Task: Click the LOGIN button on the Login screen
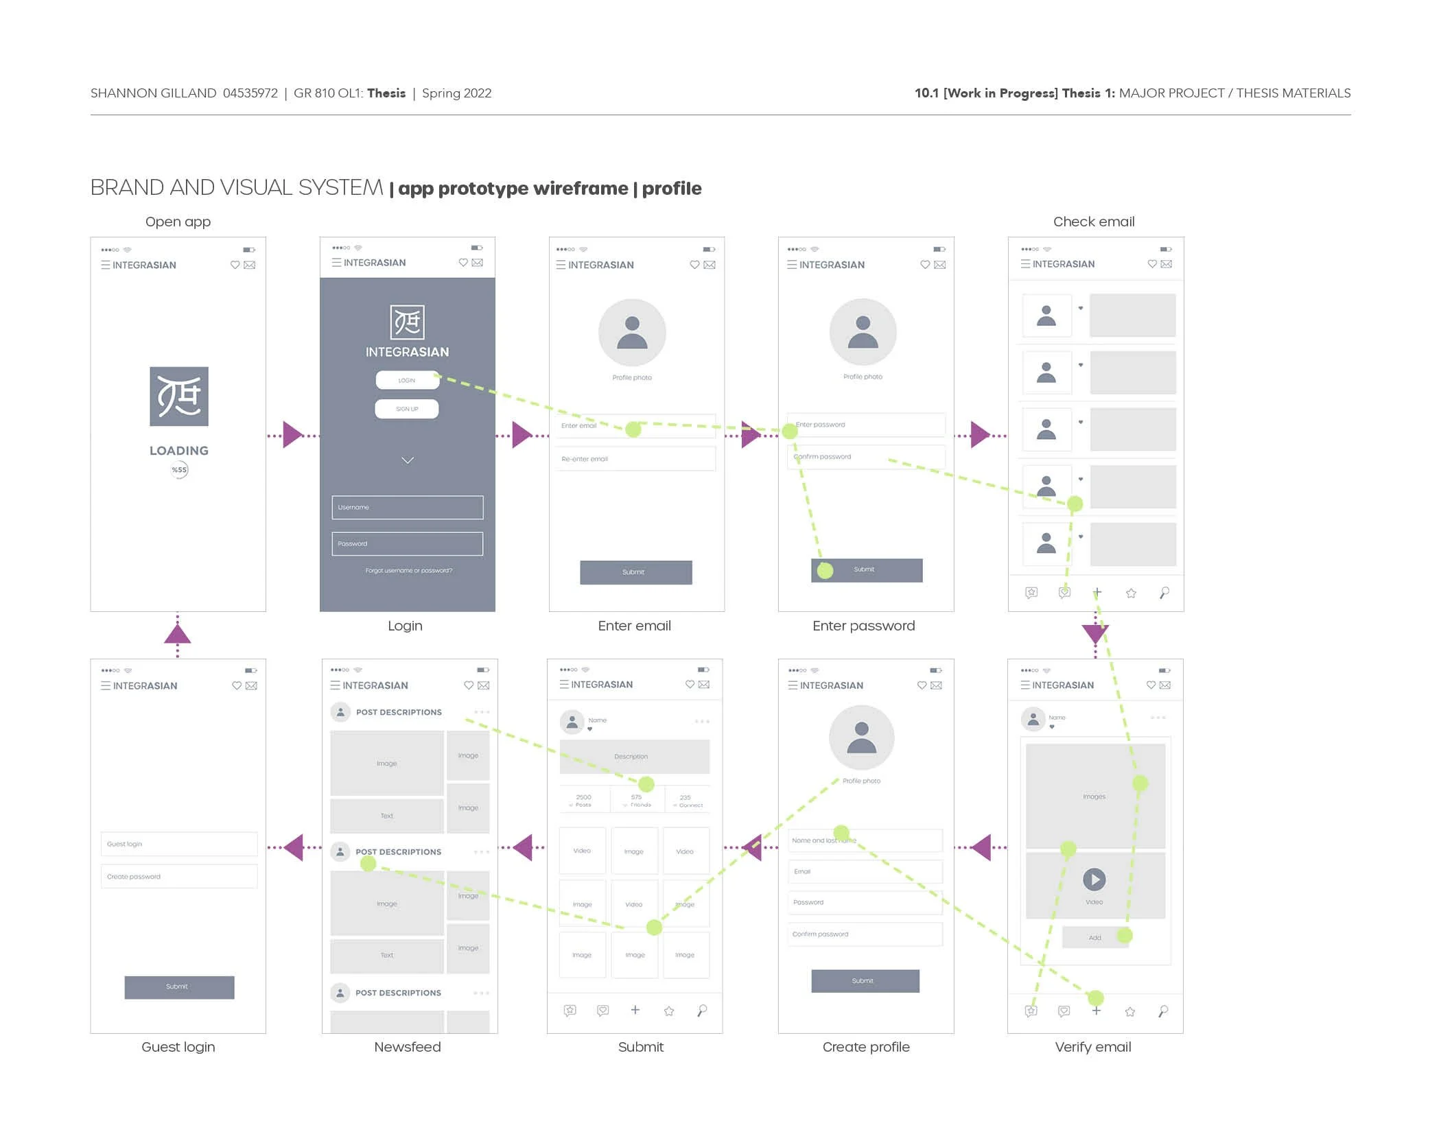tap(407, 380)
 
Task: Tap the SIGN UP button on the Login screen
tap(407, 409)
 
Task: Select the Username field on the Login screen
tap(408, 508)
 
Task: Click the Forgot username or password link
tap(408, 571)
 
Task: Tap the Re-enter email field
tap(635, 459)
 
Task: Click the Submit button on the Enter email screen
tap(635, 572)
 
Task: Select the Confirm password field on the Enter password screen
tap(866, 457)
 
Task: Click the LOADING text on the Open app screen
tap(179, 451)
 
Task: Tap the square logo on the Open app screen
tap(179, 397)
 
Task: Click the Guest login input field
tap(179, 844)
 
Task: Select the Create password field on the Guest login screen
tap(179, 877)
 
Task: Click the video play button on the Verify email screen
tap(1094, 879)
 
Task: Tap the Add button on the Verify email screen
tap(1094, 937)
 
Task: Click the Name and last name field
tap(866, 840)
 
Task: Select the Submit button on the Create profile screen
tap(865, 981)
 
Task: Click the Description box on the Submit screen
tap(634, 757)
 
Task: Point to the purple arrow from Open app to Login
tap(293, 435)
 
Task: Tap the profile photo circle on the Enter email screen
tap(632, 333)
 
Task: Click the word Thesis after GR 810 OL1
tap(386, 93)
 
